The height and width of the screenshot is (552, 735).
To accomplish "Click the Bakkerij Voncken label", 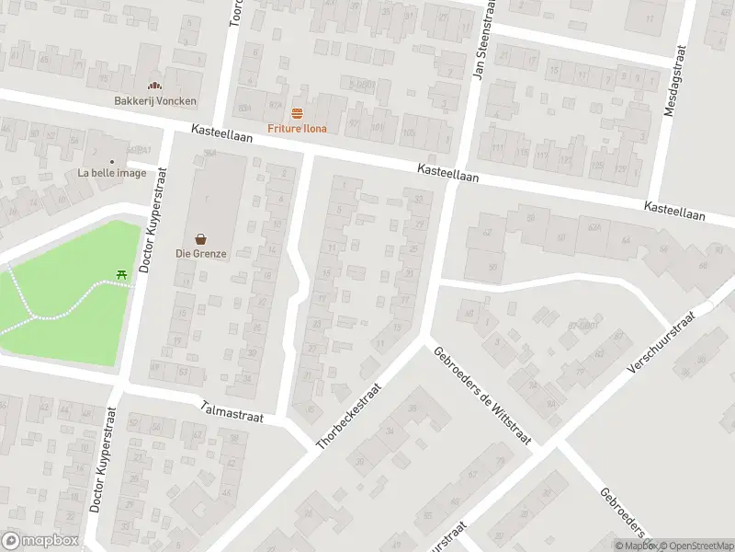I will (x=155, y=101).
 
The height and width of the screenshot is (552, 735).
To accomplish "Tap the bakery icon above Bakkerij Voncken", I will (x=155, y=86).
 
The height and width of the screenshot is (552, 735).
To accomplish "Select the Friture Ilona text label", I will (x=297, y=129).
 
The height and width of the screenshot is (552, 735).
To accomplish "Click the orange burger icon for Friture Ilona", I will (x=297, y=113).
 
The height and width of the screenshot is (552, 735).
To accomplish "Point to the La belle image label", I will (x=112, y=173).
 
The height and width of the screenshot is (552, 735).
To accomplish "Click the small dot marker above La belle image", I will (x=112, y=161).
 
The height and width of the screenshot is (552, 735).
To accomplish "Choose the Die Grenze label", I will (x=200, y=253).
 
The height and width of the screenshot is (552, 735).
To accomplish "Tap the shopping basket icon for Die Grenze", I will (x=200, y=237).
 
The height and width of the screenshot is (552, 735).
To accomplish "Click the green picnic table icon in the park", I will (x=121, y=273).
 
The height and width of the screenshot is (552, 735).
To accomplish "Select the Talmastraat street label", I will (x=232, y=410).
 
